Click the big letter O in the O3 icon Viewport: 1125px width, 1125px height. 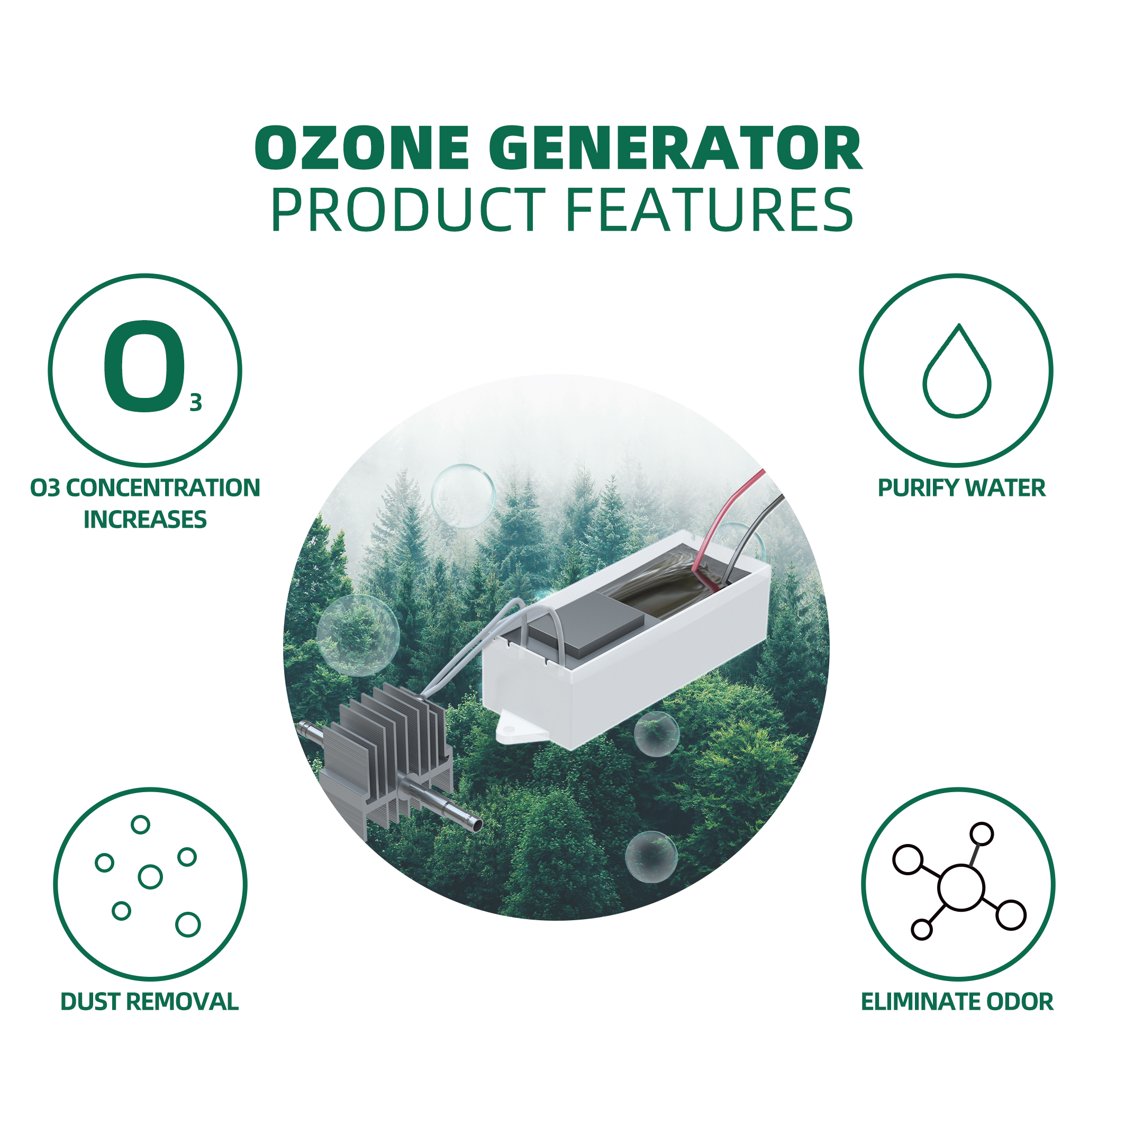click(144, 367)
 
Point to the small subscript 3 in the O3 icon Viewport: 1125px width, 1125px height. click(196, 403)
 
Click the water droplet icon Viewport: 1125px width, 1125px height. click(957, 370)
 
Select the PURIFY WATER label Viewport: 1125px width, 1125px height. click(961, 488)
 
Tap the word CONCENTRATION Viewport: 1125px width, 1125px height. click(163, 488)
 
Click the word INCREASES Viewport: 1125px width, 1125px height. click(145, 520)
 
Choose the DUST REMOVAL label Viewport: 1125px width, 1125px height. click(150, 1002)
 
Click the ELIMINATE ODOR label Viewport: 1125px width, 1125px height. click(957, 1002)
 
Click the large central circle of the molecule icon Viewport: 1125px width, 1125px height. click(961, 887)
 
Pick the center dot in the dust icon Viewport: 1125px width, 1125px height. click(150, 876)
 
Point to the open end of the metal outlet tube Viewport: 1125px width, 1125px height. click(477, 824)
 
